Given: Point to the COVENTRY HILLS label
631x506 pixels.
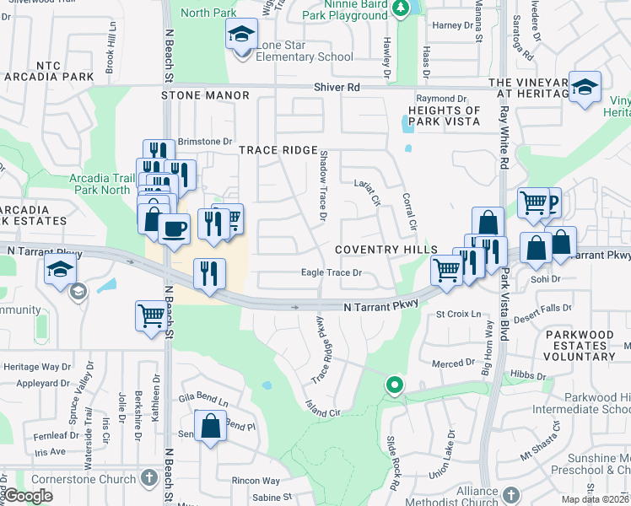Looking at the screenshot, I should (386, 250).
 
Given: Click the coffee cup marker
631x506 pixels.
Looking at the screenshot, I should (174, 229).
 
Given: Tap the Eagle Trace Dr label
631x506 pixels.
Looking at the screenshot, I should (332, 272).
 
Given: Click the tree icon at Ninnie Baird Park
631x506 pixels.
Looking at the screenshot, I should (402, 8).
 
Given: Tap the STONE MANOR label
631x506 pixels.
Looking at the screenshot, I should (206, 96).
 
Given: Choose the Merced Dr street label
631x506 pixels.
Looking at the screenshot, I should (454, 363).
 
